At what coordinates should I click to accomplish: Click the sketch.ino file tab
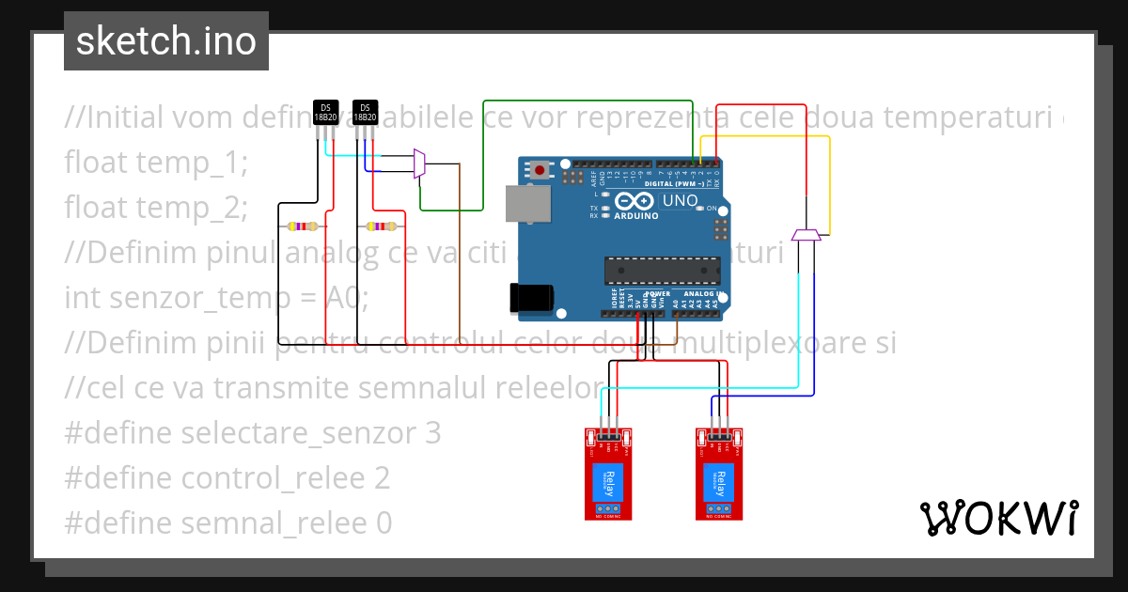click(166, 41)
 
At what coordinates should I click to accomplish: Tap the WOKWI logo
click(998, 518)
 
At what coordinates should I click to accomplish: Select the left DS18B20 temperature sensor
click(325, 112)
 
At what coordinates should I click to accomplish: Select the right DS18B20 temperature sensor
click(365, 112)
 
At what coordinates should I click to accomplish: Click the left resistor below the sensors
click(304, 226)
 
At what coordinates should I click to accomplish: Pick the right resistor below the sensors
click(381, 226)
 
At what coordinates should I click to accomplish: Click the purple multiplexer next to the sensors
click(419, 164)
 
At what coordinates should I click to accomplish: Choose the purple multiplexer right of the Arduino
click(807, 234)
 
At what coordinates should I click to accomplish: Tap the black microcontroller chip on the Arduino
click(663, 270)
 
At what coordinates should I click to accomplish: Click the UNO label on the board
click(680, 200)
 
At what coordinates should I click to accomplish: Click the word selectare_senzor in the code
click(298, 433)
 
